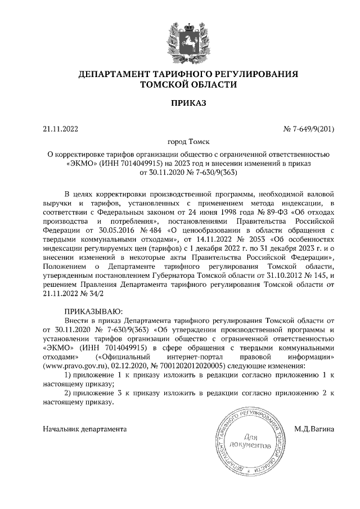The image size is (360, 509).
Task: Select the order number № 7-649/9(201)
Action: [309, 129]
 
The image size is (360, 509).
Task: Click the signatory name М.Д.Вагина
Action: [314, 429]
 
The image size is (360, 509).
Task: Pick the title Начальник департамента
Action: [84, 429]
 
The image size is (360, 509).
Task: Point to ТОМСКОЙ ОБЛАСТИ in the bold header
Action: [188, 85]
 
